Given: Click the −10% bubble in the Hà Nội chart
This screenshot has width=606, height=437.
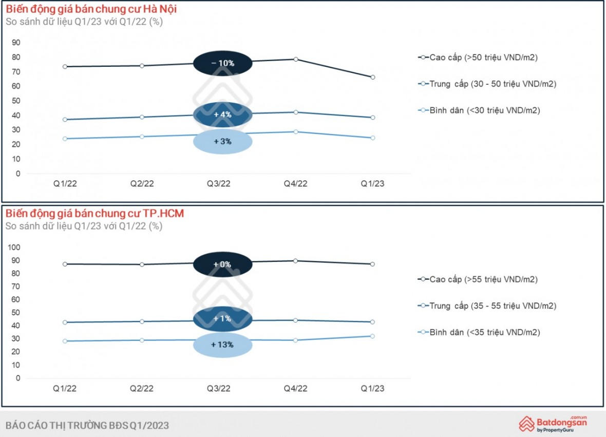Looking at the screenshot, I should [x=223, y=63].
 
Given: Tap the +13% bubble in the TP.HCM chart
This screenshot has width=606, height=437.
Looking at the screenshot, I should [x=223, y=345].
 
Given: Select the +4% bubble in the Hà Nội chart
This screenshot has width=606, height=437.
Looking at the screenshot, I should [x=223, y=115].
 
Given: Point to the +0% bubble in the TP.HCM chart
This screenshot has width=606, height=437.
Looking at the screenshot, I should [x=223, y=264].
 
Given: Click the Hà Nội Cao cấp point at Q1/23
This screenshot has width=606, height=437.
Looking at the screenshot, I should [x=373, y=77].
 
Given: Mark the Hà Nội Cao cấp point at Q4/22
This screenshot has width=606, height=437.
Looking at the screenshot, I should [x=296, y=59].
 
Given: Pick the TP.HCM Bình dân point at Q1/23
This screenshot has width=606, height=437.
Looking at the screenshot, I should [x=373, y=336].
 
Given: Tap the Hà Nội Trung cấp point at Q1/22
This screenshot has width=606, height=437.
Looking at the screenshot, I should [x=65, y=120].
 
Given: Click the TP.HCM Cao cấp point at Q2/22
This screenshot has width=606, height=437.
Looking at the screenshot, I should [x=142, y=264].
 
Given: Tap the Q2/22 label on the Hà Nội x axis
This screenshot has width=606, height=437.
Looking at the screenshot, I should [x=142, y=184].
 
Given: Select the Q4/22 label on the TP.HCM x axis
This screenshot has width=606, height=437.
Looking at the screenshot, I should [x=296, y=389].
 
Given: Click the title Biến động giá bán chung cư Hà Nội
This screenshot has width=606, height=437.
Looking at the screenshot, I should [x=92, y=9].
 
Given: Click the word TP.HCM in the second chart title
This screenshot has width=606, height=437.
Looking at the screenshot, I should [x=165, y=214].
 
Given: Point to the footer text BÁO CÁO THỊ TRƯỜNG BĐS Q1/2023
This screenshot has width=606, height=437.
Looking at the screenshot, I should [x=87, y=425].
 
